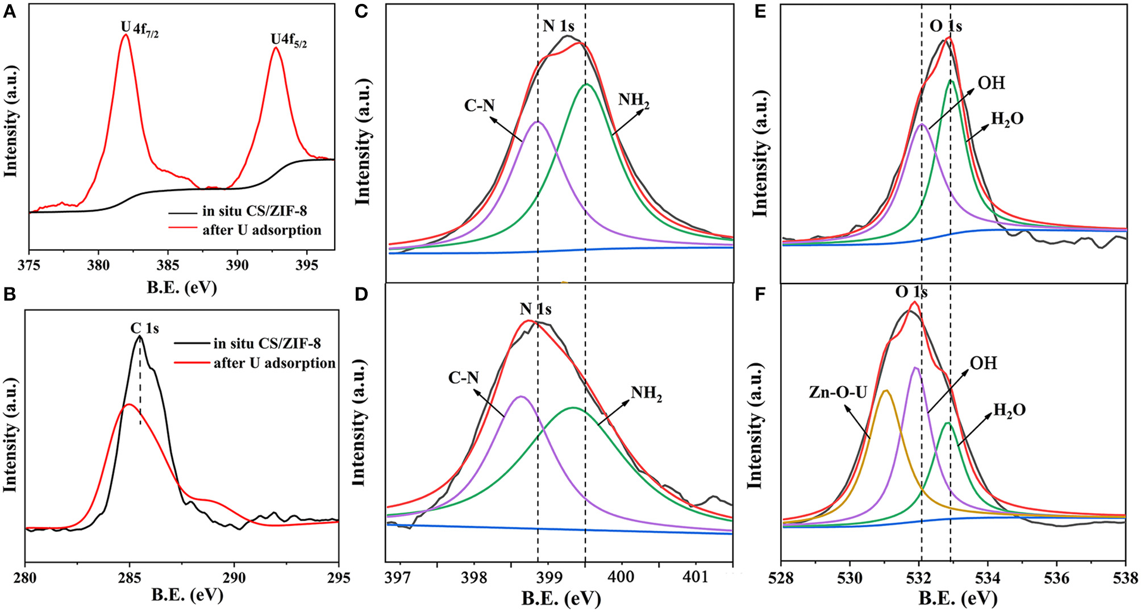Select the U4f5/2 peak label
(289, 40)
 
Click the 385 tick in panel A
(168, 265)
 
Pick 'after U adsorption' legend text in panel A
(261, 230)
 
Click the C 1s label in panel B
(144, 328)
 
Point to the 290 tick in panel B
(234, 578)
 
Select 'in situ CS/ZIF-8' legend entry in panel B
(266, 344)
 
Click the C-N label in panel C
(479, 106)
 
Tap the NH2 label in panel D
(646, 393)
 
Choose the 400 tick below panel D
(621, 577)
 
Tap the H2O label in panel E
(1007, 119)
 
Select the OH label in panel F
(983, 363)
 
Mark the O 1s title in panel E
(946, 26)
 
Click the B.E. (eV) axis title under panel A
(182, 288)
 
